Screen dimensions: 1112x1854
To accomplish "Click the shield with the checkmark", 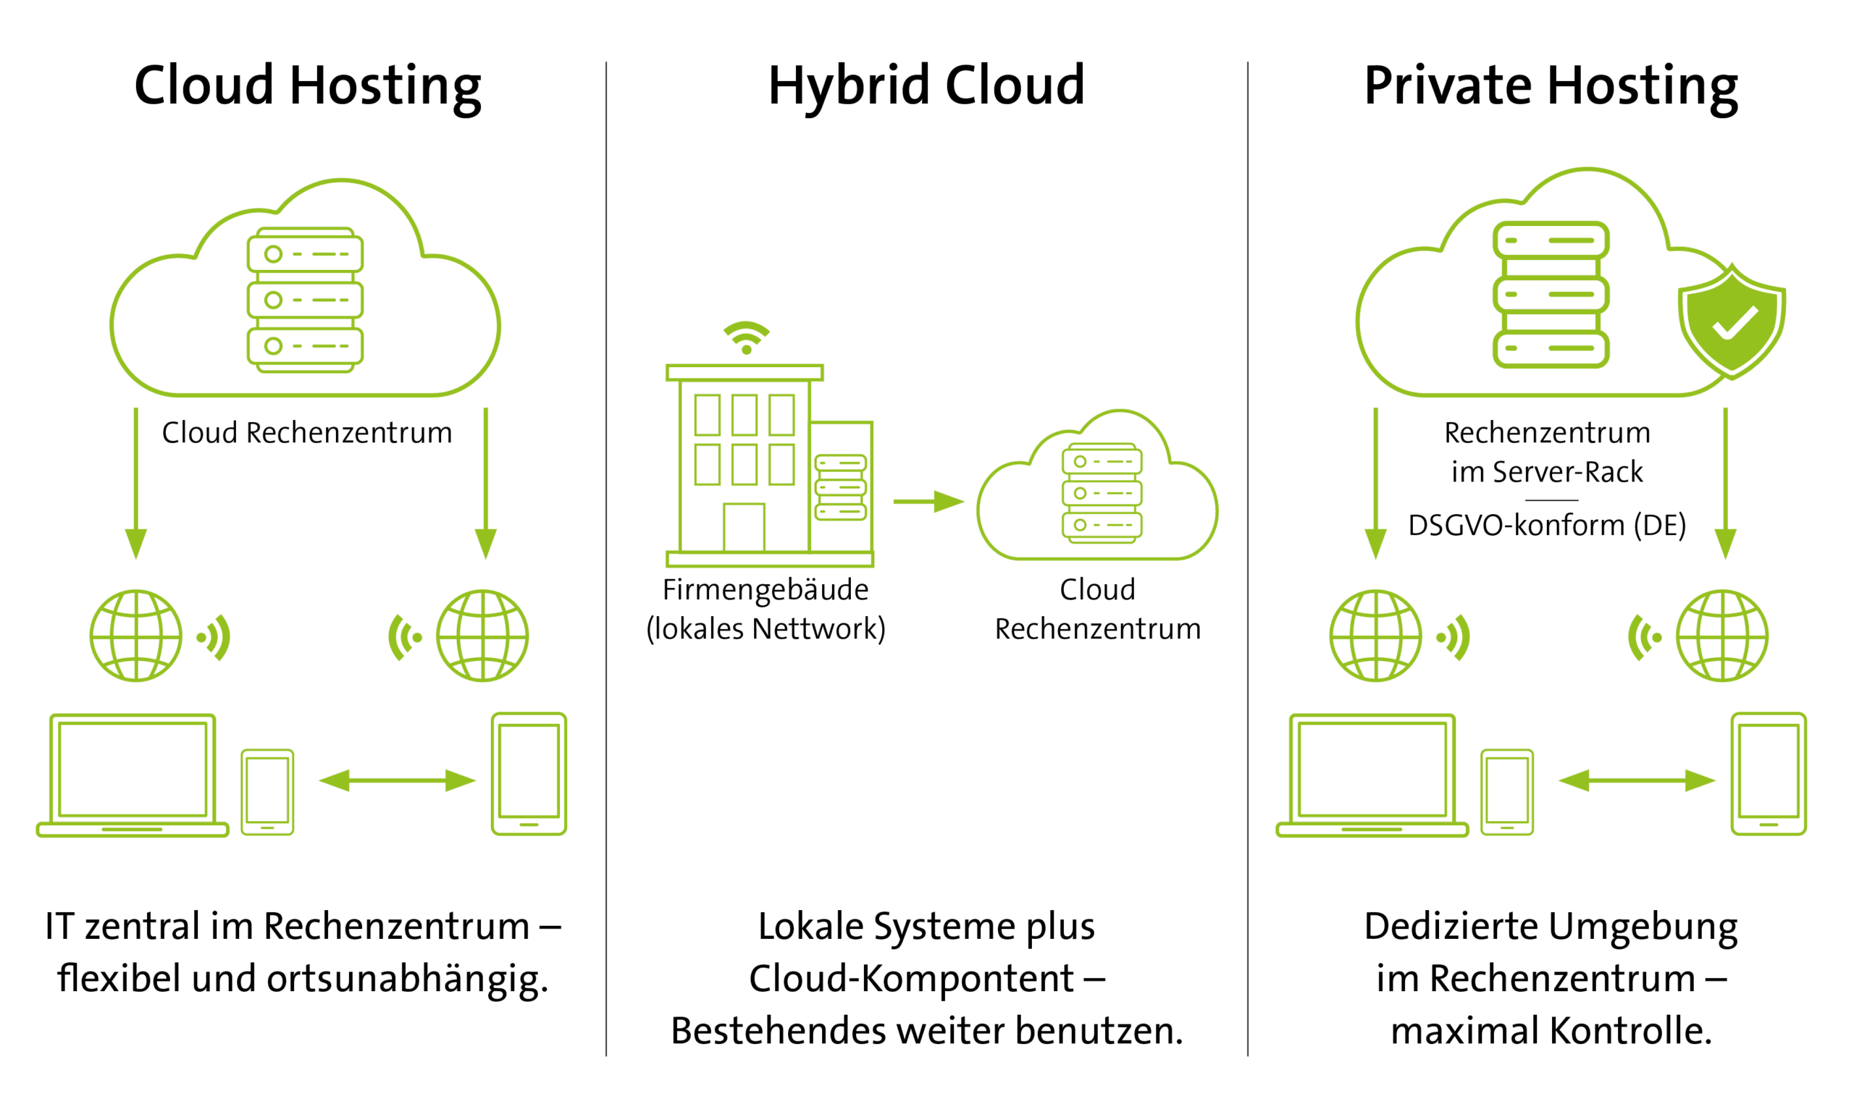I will click(x=1731, y=322).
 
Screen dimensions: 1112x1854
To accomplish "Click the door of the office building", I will click(x=744, y=528).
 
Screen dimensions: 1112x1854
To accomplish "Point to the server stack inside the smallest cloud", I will click(x=1102, y=493).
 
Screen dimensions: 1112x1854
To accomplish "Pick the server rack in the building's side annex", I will click(x=841, y=488).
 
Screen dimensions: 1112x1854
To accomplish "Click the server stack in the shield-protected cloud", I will click(x=1551, y=295).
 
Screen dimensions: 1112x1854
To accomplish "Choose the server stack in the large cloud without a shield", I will click(x=305, y=300).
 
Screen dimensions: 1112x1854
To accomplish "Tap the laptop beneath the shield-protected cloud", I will click(x=1372, y=775).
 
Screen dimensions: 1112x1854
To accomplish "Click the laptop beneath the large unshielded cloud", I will click(x=133, y=775).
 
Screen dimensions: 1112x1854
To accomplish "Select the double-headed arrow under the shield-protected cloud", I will click(x=1637, y=781).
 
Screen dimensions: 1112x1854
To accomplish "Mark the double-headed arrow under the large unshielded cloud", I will click(x=397, y=781).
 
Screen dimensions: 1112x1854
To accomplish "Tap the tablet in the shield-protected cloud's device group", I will click(x=1769, y=773).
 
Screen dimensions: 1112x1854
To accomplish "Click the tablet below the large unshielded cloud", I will click(x=529, y=773).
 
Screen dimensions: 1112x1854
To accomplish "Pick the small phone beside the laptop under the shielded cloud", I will click(x=1507, y=792).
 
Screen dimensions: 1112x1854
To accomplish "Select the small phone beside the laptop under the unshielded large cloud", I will click(x=267, y=792).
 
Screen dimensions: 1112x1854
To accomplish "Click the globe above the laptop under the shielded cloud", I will click(x=1375, y=636).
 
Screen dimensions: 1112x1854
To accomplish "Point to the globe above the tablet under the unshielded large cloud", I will click(x=482, y=636).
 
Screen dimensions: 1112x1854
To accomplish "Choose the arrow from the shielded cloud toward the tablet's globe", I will click(x=1726, y=484).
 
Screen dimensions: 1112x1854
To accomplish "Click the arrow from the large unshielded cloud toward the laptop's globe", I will click(x=135, y=484).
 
